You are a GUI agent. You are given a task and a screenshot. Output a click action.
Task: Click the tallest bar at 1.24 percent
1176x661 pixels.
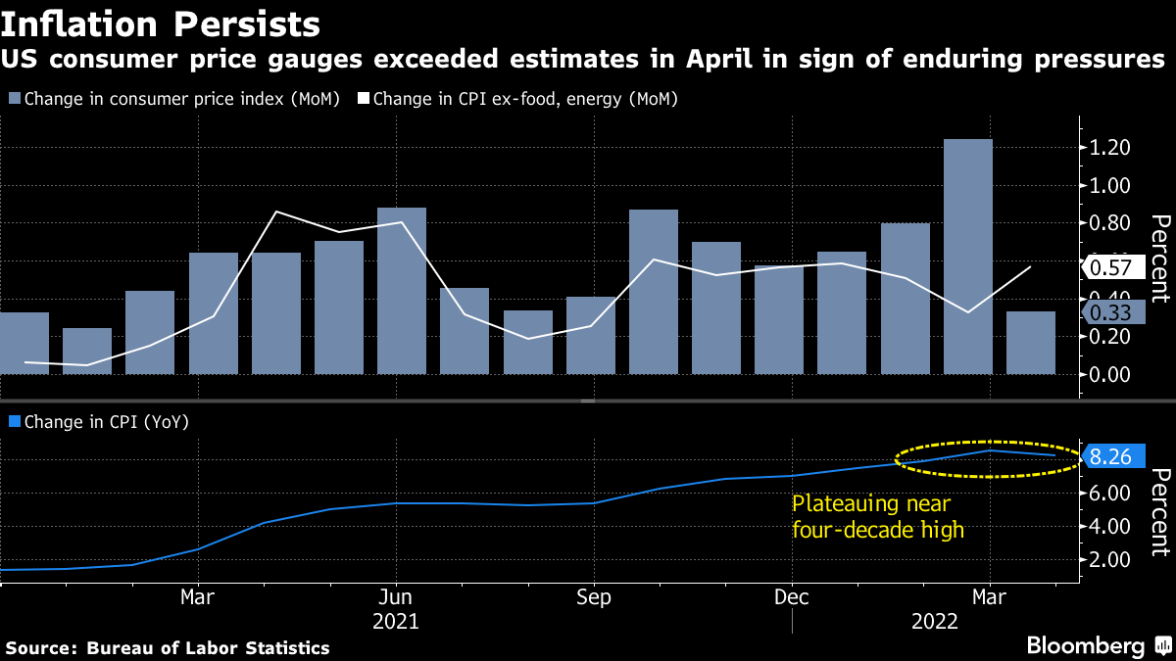point(968,257)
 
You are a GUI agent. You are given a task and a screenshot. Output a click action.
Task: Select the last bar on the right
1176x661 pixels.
point(1031,343)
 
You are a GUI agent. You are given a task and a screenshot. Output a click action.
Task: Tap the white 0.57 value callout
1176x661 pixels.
point(1113,267)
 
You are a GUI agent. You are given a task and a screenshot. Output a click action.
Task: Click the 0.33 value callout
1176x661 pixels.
point(1113,312)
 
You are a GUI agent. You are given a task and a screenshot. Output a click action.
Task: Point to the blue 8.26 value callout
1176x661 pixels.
point(1113,456)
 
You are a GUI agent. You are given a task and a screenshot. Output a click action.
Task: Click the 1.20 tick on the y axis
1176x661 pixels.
point(1109,148)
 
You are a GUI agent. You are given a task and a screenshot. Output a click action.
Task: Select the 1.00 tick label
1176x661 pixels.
point(1109,186)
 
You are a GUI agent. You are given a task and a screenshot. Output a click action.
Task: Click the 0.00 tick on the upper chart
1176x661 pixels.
point(1109,374)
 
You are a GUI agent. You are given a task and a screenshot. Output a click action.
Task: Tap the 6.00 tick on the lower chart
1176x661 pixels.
point(1109,494)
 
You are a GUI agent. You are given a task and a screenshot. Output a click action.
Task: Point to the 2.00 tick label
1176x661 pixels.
point(1109,560)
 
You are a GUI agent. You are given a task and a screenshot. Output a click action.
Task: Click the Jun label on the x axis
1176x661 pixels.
point(395,597)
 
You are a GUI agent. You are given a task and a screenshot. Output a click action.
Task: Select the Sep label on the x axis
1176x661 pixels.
point(594,597)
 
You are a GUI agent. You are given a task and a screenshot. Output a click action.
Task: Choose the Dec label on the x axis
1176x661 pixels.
point(792,597)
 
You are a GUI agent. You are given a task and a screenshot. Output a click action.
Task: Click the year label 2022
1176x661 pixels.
point(935,622)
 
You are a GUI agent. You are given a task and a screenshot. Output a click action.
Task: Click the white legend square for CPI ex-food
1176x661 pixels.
point(363,99)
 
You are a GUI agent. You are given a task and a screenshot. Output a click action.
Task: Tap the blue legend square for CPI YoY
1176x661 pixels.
point(15,421)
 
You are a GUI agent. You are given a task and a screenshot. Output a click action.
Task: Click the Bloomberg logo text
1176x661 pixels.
point(1086,646)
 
